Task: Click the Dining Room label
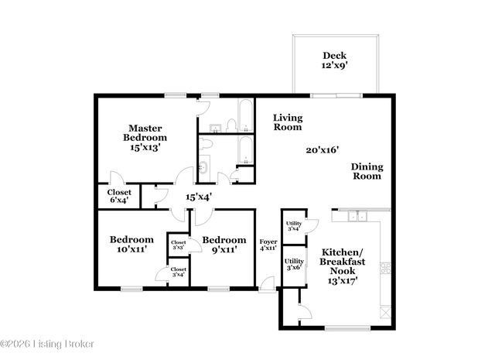click(367, 171)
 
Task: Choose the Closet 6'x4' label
click(119, 197)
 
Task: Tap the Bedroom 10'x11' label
click(131, 245)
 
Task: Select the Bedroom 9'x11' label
click(224, 245)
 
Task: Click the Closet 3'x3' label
click(178, 245)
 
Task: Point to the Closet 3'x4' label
click(178, 271)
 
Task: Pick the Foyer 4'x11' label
click(268, 245)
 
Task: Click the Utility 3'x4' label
click(293, 226)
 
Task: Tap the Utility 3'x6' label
click(293, 263)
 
